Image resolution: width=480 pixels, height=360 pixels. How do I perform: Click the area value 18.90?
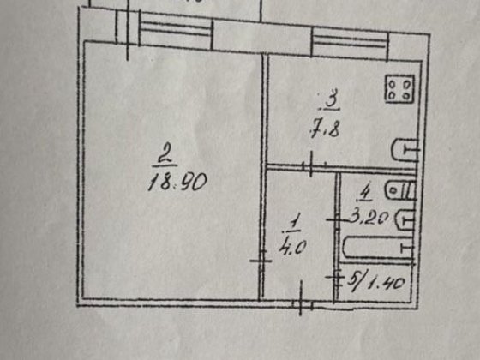coord(177,182)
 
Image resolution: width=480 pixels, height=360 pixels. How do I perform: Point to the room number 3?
coord(331,98)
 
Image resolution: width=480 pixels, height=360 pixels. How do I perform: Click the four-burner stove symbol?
coord(399,89)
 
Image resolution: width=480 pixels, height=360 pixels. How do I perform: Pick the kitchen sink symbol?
coord(405,150)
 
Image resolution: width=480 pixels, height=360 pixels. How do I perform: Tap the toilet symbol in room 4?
coord(400,190)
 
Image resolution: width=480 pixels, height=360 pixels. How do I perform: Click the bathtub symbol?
coord(378,248)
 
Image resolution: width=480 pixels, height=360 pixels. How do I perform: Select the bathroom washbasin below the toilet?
coord(405,219)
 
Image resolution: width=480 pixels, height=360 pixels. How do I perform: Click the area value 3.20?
coord(369,218)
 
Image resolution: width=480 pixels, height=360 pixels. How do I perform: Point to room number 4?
coord(365,193)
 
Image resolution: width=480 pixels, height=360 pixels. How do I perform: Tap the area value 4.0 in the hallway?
coord(292,247)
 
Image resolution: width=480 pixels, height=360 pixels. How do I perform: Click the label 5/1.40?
coord(376,282)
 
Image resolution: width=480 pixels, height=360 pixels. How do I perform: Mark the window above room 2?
coord(176,30)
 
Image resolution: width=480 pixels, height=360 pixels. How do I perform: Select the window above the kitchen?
coord(350,43)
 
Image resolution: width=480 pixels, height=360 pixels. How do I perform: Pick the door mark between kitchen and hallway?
coord(311,165)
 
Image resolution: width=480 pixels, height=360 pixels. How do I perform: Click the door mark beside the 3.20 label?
coord(337,219)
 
